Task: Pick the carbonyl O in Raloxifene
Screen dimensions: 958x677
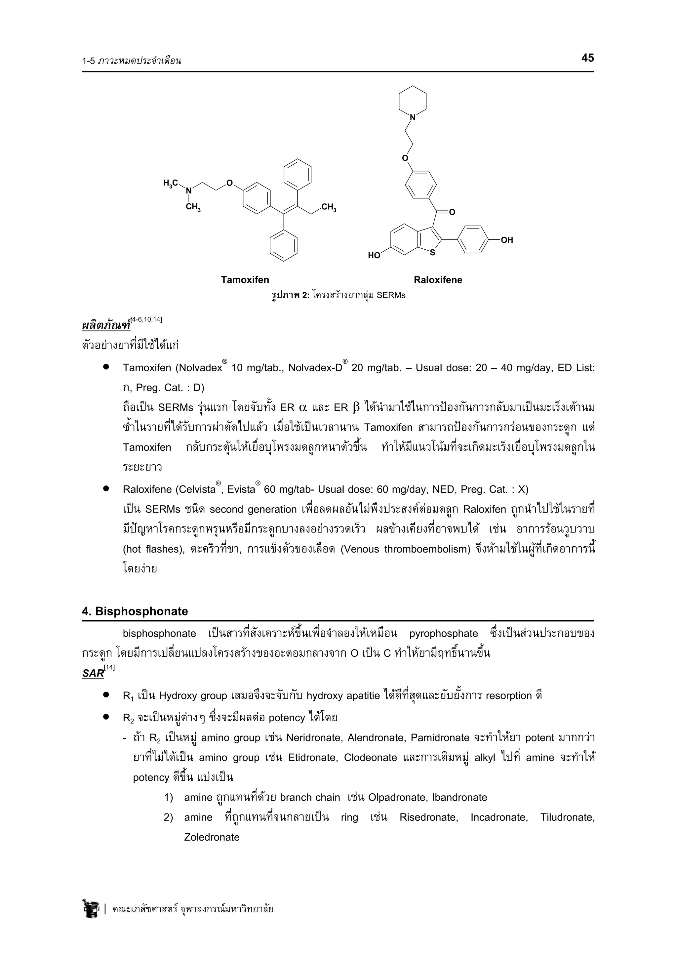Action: [x=452, y=212]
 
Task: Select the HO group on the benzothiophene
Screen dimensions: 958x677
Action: [x=374, y=255]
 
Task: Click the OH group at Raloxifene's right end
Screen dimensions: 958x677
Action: [x=507, y=240]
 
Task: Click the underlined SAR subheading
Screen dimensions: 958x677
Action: [x=93, y=673]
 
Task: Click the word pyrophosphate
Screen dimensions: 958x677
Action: [x=443, y=633]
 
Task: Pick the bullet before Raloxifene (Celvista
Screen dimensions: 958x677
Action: [x=106, y=488]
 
